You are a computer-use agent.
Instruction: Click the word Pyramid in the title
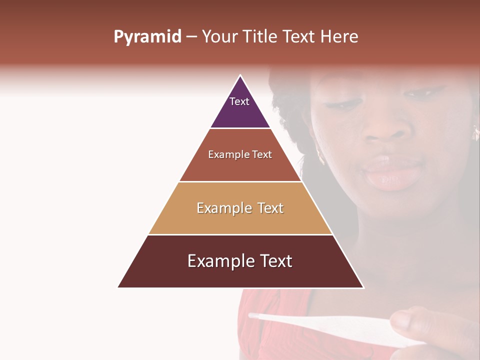pyautogui.click(x=147, y=36)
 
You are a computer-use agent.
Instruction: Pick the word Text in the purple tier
pyautogui.click(x=239, y=101)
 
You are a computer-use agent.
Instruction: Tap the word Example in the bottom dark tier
pyautogui.click(x=218, y=261)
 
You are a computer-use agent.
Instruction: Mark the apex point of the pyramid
pyautogui.click(x=240, y=75)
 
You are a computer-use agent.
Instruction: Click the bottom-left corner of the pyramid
pyautogui.click(x=118, y=287)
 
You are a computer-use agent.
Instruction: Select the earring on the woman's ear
pyautogui.click(x=475, y=132)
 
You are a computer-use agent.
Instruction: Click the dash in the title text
pyautogui.click(x=191, y=37)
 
